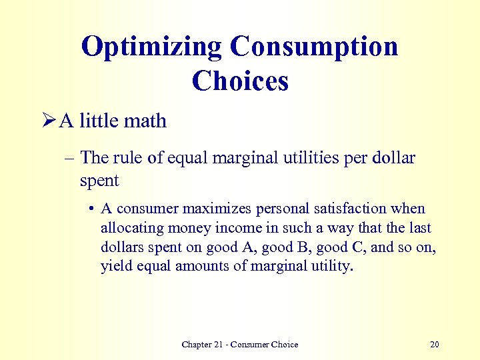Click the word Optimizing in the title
click(151, 47)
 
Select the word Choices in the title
click(240, 81)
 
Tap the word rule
click(124, 159)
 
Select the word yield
click(114, 267)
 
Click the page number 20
click(435, 345)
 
